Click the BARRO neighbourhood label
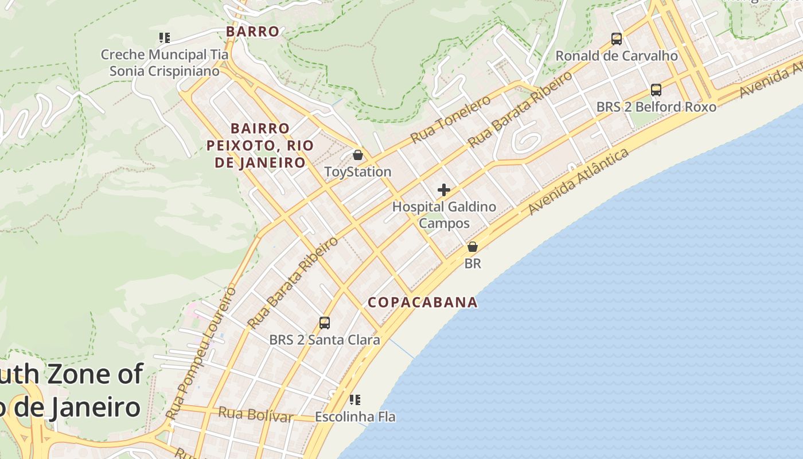(x=252, y=32)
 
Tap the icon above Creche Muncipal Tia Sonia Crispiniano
(x=165, y=38)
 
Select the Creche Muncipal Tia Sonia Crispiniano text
(x=165, y=63)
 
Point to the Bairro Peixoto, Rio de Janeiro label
(x=260, y=145)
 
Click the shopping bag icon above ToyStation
(x=358, y=155)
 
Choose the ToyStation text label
(x=358, y=172)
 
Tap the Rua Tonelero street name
(x=451, y=119)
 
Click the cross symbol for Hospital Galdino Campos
(x=443, y=190)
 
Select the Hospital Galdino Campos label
(x=444, y=215)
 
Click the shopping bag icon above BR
(x=472, y=247)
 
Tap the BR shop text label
(x=473, y=263)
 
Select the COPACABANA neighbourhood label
(x=423, y=302)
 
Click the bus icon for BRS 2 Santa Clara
(x=325, y=322)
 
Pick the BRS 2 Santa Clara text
(x=325, y=340)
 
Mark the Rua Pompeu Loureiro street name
(x=201, y=352)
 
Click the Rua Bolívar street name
(x=256, y=414)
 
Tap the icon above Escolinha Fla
(x=355, y=399)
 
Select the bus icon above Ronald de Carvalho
(x=617, y=39)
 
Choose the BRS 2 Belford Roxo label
(x=656, y=107)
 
